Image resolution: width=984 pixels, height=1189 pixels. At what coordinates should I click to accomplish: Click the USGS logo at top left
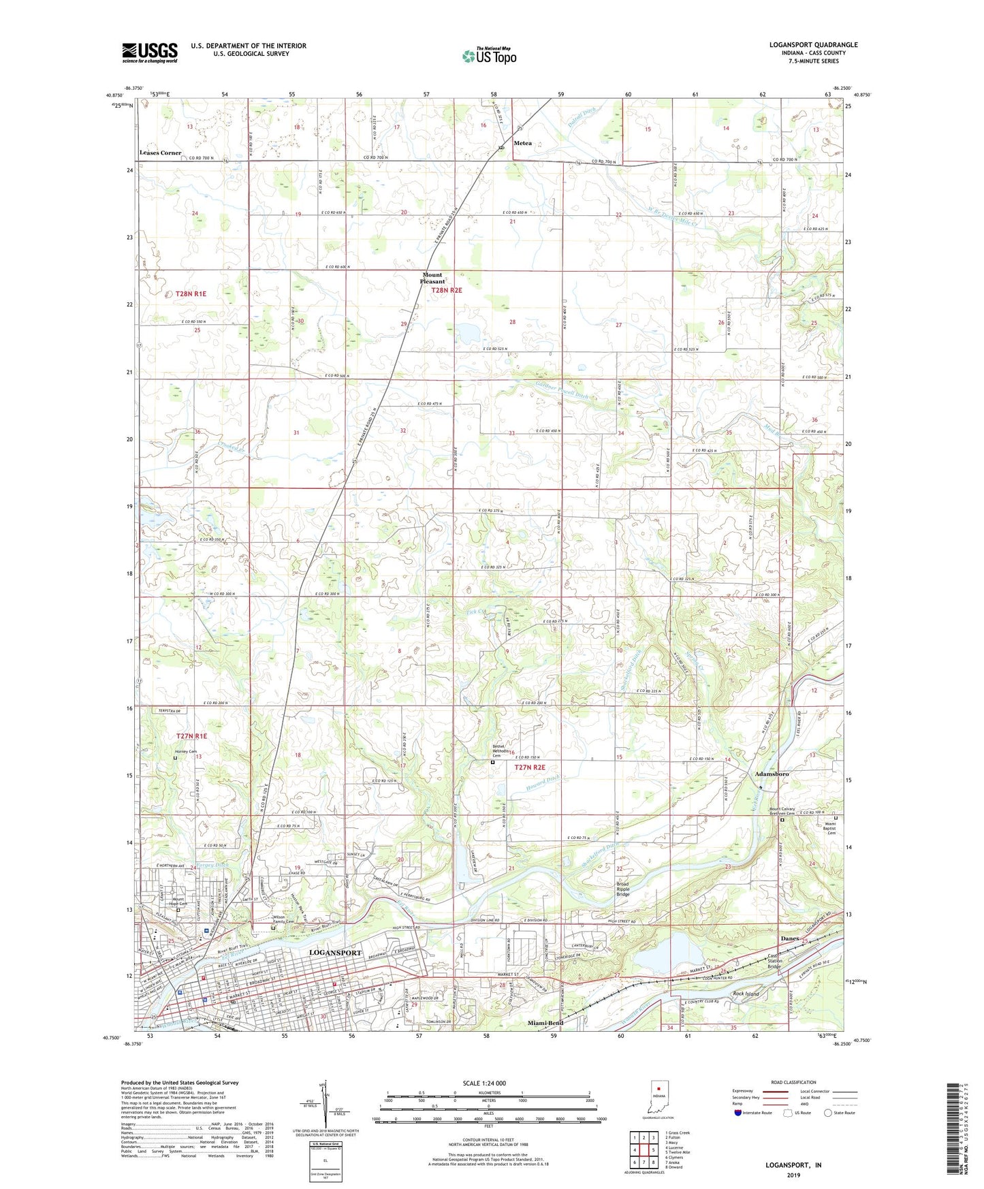point(150,52)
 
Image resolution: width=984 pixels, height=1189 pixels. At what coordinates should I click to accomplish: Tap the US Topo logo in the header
point(489,56)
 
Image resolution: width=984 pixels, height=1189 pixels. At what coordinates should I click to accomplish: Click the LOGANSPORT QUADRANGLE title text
point(813,45)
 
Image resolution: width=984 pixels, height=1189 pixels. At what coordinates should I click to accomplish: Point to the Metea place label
point(522,143)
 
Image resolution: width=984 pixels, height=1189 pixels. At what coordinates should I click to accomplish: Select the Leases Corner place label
point(161,153)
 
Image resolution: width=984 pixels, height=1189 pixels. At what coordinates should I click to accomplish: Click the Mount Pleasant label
point(432,278)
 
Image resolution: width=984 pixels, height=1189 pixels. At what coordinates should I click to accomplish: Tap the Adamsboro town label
point(772,774)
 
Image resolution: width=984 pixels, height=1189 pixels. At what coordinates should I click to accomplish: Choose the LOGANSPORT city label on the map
point(336,952)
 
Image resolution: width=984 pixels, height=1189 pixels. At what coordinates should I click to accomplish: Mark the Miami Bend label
point(545,1024)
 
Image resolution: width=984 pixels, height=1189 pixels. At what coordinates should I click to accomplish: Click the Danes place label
point(789,938)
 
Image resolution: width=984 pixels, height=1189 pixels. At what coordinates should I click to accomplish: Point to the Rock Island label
point(746,994)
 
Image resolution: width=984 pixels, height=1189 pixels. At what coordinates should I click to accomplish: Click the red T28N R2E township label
point(447,290)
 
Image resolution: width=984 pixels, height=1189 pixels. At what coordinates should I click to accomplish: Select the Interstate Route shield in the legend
point(738,1113)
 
